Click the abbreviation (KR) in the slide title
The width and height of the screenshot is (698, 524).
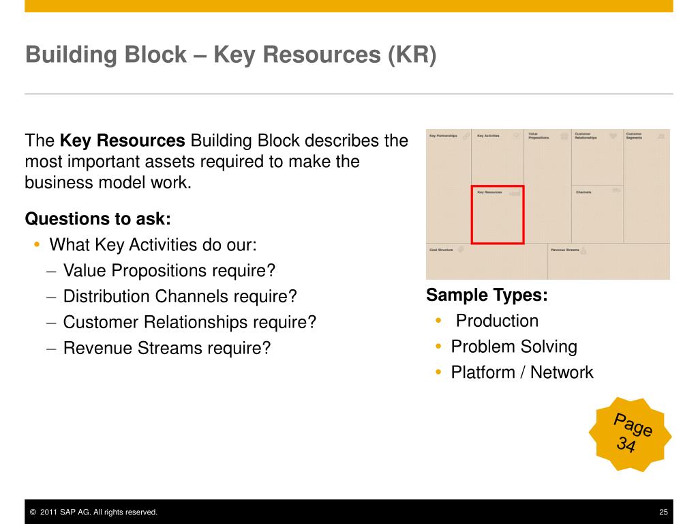pos(412,55)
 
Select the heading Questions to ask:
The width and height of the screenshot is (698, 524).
pos(98,219)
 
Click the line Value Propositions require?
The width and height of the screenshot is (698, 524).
pos(169,271)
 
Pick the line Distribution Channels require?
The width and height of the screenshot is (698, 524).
pos(180,297)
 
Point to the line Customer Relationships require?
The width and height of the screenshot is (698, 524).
pos(189,322)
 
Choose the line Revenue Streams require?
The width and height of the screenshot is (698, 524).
pos(167,348)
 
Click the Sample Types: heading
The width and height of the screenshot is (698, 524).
pos(487,295)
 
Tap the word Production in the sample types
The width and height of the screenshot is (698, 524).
pos(497,321)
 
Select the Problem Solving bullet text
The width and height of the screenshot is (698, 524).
pos(514,347)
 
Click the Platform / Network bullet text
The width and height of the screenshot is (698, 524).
pos(522,373)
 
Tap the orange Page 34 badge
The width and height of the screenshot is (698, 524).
pos(631,434)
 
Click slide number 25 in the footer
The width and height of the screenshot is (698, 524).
pos(663,512)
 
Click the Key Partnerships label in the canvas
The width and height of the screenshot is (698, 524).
pos(442,136)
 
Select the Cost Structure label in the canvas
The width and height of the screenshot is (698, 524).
pos(441,250)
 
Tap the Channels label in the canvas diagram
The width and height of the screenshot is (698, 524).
pos(583,192)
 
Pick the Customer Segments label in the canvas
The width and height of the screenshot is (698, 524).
pos(633,136)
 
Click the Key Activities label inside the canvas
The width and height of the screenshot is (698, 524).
pos(488,136)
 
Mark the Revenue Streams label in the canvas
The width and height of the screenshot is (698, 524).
pos(565,250)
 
